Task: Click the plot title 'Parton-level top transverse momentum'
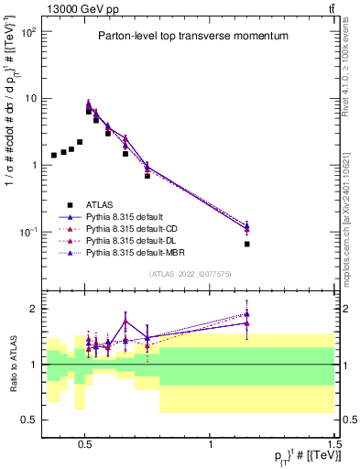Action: pyautogui.click(x=188, y=37)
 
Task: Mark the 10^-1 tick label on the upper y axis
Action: pyautogui.click(x=28, y=232)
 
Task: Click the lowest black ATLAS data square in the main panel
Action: pyautogui.click(x=247, y=245)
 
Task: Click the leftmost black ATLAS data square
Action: pyautogui.click(x=54, y=156)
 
